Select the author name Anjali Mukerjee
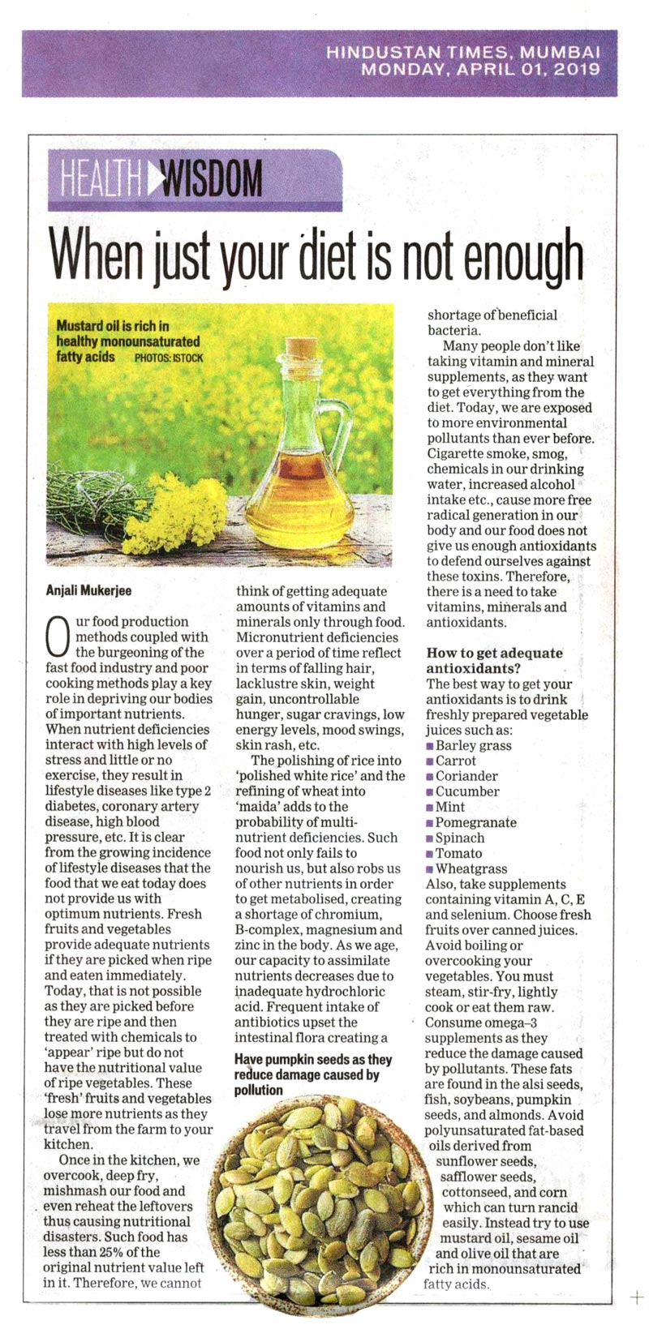89,590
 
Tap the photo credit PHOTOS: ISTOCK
169,358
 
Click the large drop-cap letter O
58,637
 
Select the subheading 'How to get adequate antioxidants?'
494,660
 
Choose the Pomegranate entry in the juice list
475,822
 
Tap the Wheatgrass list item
471,868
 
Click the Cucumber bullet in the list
467,791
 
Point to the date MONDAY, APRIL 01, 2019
480,70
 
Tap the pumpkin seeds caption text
312,1074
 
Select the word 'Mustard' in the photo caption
79,326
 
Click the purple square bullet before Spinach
430,838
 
